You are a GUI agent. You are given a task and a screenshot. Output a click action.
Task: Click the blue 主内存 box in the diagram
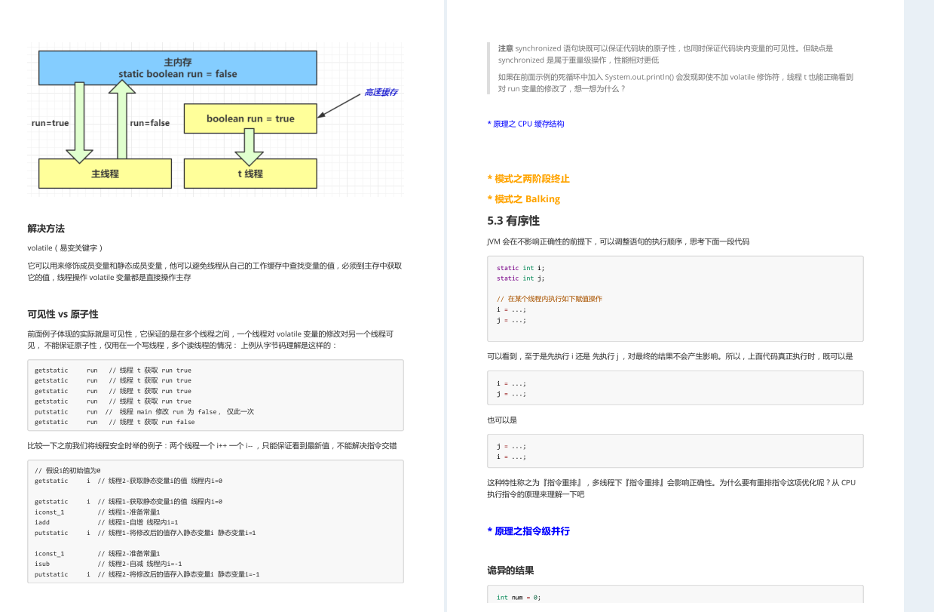(x=178, y=68)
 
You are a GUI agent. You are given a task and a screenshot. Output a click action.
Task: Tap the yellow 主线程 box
(x=105, y=174)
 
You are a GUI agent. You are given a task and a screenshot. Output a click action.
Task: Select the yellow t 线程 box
(x=250, y=174)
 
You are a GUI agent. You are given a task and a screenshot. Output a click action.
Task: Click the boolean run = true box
(x=250, y=118)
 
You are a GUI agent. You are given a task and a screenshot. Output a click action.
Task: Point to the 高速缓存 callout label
(x=381, y=92)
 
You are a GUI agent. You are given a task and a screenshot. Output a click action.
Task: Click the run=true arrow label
(x=50, y=123)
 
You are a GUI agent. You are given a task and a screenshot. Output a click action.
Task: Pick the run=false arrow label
(x=149, y=123)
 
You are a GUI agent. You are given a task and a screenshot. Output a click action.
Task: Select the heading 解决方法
(x=46, y=229)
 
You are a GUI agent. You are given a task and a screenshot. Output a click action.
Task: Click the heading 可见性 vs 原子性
(x=63, y=314)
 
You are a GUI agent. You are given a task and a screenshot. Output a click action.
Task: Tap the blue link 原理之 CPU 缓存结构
(x=525, y=124)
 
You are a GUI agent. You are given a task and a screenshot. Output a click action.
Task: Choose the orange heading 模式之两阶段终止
(x=528, y=179)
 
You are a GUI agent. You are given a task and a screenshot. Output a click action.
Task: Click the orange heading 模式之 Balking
(x=524, y=199)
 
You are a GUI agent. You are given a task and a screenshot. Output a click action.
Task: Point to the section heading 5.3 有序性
(x=513, y=221)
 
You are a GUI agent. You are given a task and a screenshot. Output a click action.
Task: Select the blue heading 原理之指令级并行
(x=528, y=531)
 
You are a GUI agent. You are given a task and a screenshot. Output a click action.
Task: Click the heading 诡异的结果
(x=510, y=570)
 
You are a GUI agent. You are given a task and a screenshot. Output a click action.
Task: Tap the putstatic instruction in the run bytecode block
(x=51, y=412)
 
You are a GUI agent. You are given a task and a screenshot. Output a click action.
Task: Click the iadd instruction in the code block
(x=42, y=522)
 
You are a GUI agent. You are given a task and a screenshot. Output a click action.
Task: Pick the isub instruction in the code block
(x=42, y=564)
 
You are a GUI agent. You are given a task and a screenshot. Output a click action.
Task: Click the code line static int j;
(x=520, y=278)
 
